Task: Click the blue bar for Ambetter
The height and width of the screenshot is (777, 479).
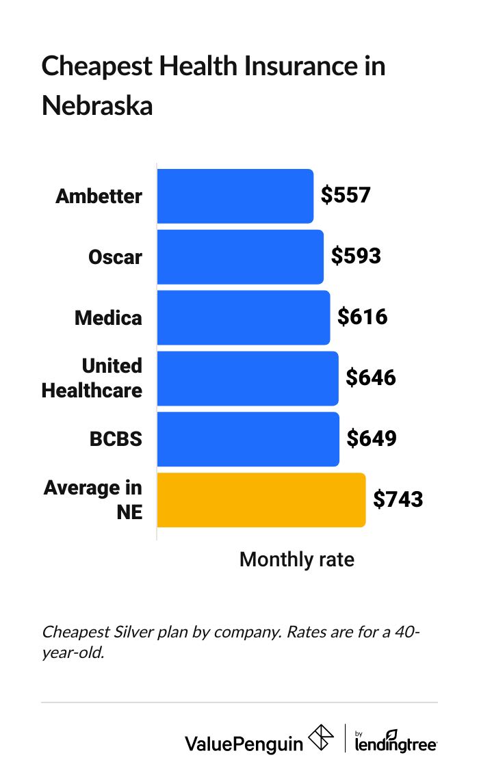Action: pyautogui.click(x=235, y=196)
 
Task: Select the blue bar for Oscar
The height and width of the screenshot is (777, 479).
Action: pyautogui.click(x=240, y=257)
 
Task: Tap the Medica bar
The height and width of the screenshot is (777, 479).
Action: pyautogui.click(x=244, y=317)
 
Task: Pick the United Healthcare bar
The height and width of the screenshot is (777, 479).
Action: pyautogui.click(x=248, y=378)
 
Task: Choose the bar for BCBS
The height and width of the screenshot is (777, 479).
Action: pyautogui.click(x=248, y=439)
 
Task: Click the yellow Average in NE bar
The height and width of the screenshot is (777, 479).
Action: pyautogui.click(x=261, y=500)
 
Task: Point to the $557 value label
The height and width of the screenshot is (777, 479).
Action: pyautogui.click(x=346, y=196)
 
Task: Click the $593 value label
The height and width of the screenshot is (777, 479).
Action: pyautogui.click(x=356, y=256)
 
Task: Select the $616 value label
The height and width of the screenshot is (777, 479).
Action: pyautogui.click(x=363, y=317)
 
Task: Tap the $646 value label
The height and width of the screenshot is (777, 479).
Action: pyautogui.click(x=371, y=378)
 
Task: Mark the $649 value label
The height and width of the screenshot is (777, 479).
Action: pyautogui.click(x=372, y=438)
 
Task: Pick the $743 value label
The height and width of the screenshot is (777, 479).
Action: pyautogui.click(x=398, y=499)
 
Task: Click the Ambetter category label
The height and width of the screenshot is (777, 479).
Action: pyautogui.click(x=99, y=196)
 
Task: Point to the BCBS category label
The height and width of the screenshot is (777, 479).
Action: pyautogui.click(x=116, y=439)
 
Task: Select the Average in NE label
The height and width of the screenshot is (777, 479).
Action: pyautogui.click(x=94, y=499)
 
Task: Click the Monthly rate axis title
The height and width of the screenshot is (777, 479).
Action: pyautogui.click(x=297, y=559)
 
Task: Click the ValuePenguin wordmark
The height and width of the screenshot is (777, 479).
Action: pyautogui.click(x=244, y=743)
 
